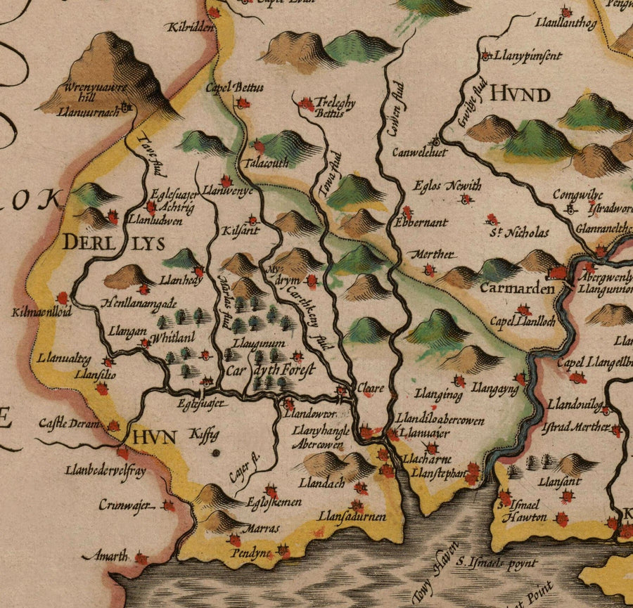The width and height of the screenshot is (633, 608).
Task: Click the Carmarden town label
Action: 513,287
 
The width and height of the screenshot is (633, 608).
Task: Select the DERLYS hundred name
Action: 113,243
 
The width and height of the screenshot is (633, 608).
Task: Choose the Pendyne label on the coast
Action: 251,553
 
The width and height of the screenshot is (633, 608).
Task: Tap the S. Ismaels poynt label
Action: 496,563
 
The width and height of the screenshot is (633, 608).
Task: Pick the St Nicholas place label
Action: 519,232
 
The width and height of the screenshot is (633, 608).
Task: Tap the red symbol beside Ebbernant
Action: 407,210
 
